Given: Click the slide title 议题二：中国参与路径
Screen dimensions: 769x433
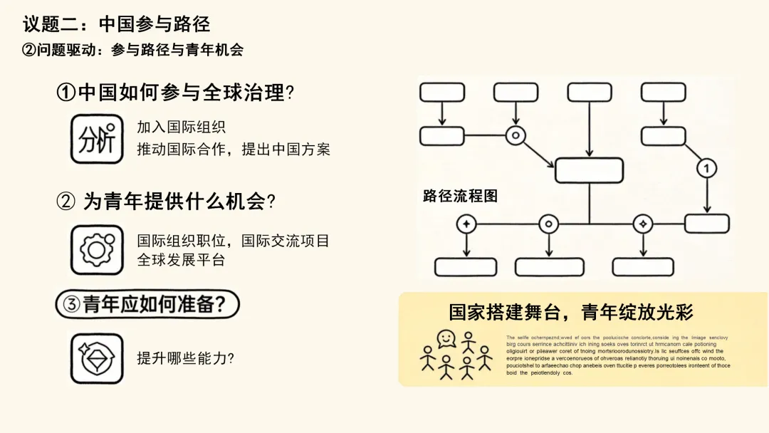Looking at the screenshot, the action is tap(117, 24).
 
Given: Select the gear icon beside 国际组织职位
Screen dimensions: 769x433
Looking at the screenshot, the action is tap(97, 249).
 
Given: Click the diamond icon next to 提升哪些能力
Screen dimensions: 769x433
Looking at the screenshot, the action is tap(97, 358).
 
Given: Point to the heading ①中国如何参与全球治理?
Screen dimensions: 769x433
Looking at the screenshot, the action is tap(176, 93).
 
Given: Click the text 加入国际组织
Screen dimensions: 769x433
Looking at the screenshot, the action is tap(181, 127).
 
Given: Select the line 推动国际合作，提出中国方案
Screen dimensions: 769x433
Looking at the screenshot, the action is tap(234, 150).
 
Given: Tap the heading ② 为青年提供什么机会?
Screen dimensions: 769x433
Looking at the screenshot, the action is tap(166, 202).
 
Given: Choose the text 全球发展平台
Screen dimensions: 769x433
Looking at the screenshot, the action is tap(181, 260).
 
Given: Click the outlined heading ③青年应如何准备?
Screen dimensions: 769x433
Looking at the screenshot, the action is tap(147, 305).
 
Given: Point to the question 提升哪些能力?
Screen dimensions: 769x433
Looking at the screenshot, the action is tap(185, 358).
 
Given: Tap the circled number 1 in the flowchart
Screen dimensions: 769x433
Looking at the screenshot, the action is tap(706, 168).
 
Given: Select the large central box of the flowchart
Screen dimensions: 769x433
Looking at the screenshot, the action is tap(589, 170).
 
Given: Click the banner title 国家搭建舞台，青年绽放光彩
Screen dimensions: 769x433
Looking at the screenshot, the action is tap(571, 312).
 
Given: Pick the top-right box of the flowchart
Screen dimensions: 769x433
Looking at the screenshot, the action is tap(663, 92).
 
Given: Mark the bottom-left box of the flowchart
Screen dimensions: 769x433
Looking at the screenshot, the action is tap(466, 266).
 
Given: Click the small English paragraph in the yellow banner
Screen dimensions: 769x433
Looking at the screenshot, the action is tap(618, 355).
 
